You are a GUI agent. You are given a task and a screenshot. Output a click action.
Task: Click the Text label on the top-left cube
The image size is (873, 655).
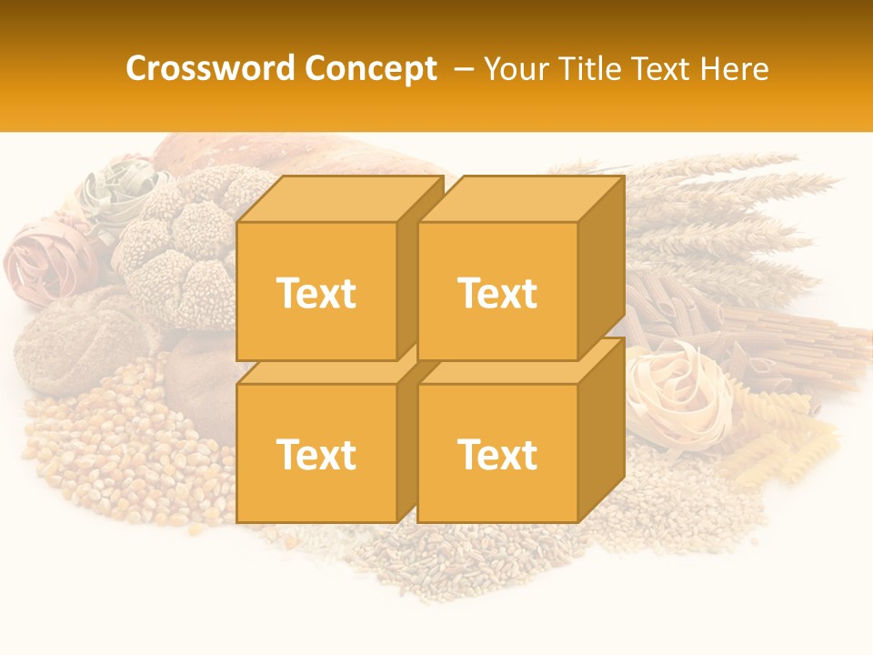(x=316, y=293)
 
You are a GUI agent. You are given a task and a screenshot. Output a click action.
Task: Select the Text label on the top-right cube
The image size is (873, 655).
(x=497, y=293)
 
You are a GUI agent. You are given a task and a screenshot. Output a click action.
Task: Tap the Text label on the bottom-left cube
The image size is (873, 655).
(x=316, y=454)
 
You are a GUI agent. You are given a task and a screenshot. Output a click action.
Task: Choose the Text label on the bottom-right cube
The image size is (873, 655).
(x=497, y=454)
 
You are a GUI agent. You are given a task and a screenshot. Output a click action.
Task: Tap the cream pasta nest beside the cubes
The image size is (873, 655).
(x=677, y=391)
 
